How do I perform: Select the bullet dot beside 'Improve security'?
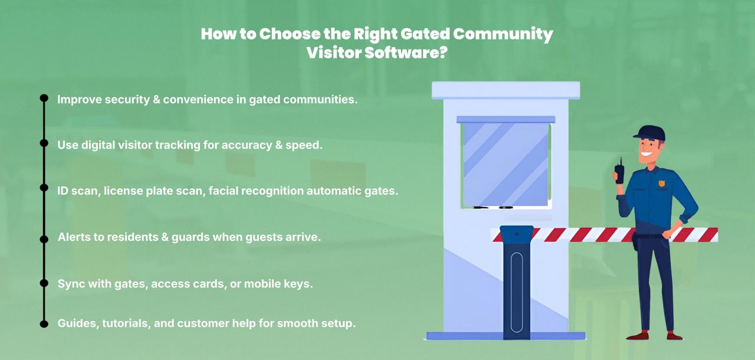click(44, 99)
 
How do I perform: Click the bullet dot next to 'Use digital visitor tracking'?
click(44, 143)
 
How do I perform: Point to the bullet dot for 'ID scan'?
click(44, 188)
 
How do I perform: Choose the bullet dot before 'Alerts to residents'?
click(44, 238)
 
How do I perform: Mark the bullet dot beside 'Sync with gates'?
click(44, 283)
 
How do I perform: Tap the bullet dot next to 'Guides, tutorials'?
click(44, 323)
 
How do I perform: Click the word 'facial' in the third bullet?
click(225, 191)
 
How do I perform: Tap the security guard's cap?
click(650, 133)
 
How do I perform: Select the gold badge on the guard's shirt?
click(661, 184)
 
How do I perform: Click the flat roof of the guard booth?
click(505, 90)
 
